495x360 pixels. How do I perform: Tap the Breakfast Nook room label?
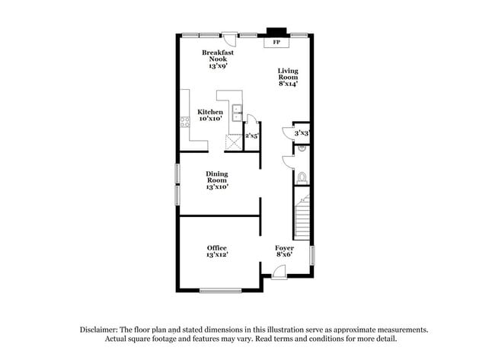(217, 59)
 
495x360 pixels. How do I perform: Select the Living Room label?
(287, 77)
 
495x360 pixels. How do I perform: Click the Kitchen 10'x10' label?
(210, 116)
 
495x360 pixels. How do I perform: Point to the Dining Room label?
(217, 180)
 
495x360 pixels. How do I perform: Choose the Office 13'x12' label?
(217, 251)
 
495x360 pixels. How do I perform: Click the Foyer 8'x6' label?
(284, 251)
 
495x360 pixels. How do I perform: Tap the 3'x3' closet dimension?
(301, 133)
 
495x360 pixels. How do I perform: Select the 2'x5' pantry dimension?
(251, 136)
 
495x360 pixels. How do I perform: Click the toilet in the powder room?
(302, 177)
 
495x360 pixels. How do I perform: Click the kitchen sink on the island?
(236, 113)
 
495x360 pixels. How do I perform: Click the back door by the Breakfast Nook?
(229, 38)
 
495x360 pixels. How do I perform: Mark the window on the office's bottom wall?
(220, 291)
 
